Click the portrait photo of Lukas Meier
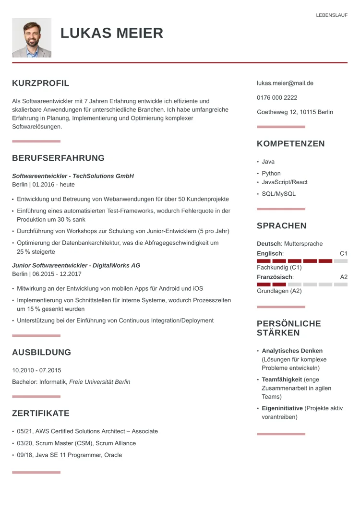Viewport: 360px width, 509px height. (31, 38)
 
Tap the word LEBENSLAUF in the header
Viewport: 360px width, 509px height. (332, 15)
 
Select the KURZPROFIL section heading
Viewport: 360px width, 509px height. (41, 83)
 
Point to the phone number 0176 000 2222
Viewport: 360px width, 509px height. (277, 97)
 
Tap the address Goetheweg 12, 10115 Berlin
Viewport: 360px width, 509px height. (295, 112)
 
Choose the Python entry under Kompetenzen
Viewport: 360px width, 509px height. (271, 173)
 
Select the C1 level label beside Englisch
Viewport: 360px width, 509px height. (343, 253)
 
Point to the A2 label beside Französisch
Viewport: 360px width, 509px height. (344, 277)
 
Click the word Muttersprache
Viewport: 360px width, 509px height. (303, 244)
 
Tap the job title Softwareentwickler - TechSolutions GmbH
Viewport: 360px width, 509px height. (73, 176)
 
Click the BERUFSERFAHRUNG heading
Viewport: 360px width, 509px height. (58, 158)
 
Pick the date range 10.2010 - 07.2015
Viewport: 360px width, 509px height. (36, 370)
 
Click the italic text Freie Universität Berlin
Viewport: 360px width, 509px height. (100, 382)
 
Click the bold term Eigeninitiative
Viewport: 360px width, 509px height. (282, 408)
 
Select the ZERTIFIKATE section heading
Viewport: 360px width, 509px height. (41, 413)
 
